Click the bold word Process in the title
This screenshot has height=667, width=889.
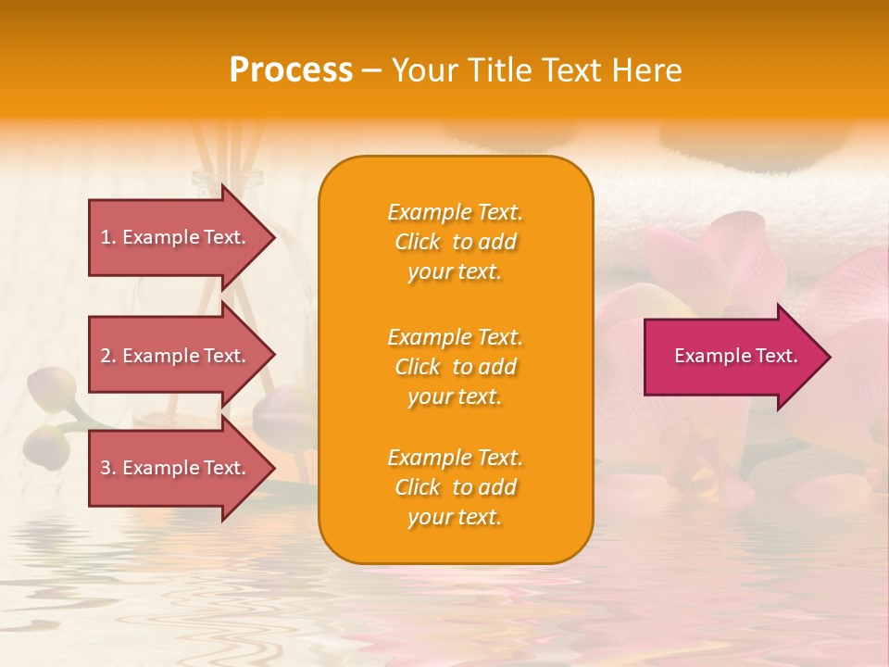pyautogui.click(x=291, y=70)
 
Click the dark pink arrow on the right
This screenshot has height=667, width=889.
pyautogui.click(x=732, y=357)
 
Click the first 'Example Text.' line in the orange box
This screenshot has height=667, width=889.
pyautogui.click(x=455, y=212)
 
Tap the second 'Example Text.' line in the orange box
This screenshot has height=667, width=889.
pyautogui.click(x=455, y=337)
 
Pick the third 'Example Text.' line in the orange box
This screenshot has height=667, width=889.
pyautogui.click(x=455, y=458)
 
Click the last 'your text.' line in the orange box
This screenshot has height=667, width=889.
pyautogui.click(x=455, y=517)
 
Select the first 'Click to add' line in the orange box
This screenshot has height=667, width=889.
pyautogui.click(x=455, y=242)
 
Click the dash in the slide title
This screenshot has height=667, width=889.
pyautogui.click(x=372, y=70)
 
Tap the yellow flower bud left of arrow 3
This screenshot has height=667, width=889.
pyautogui.click(x=49, y=445)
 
